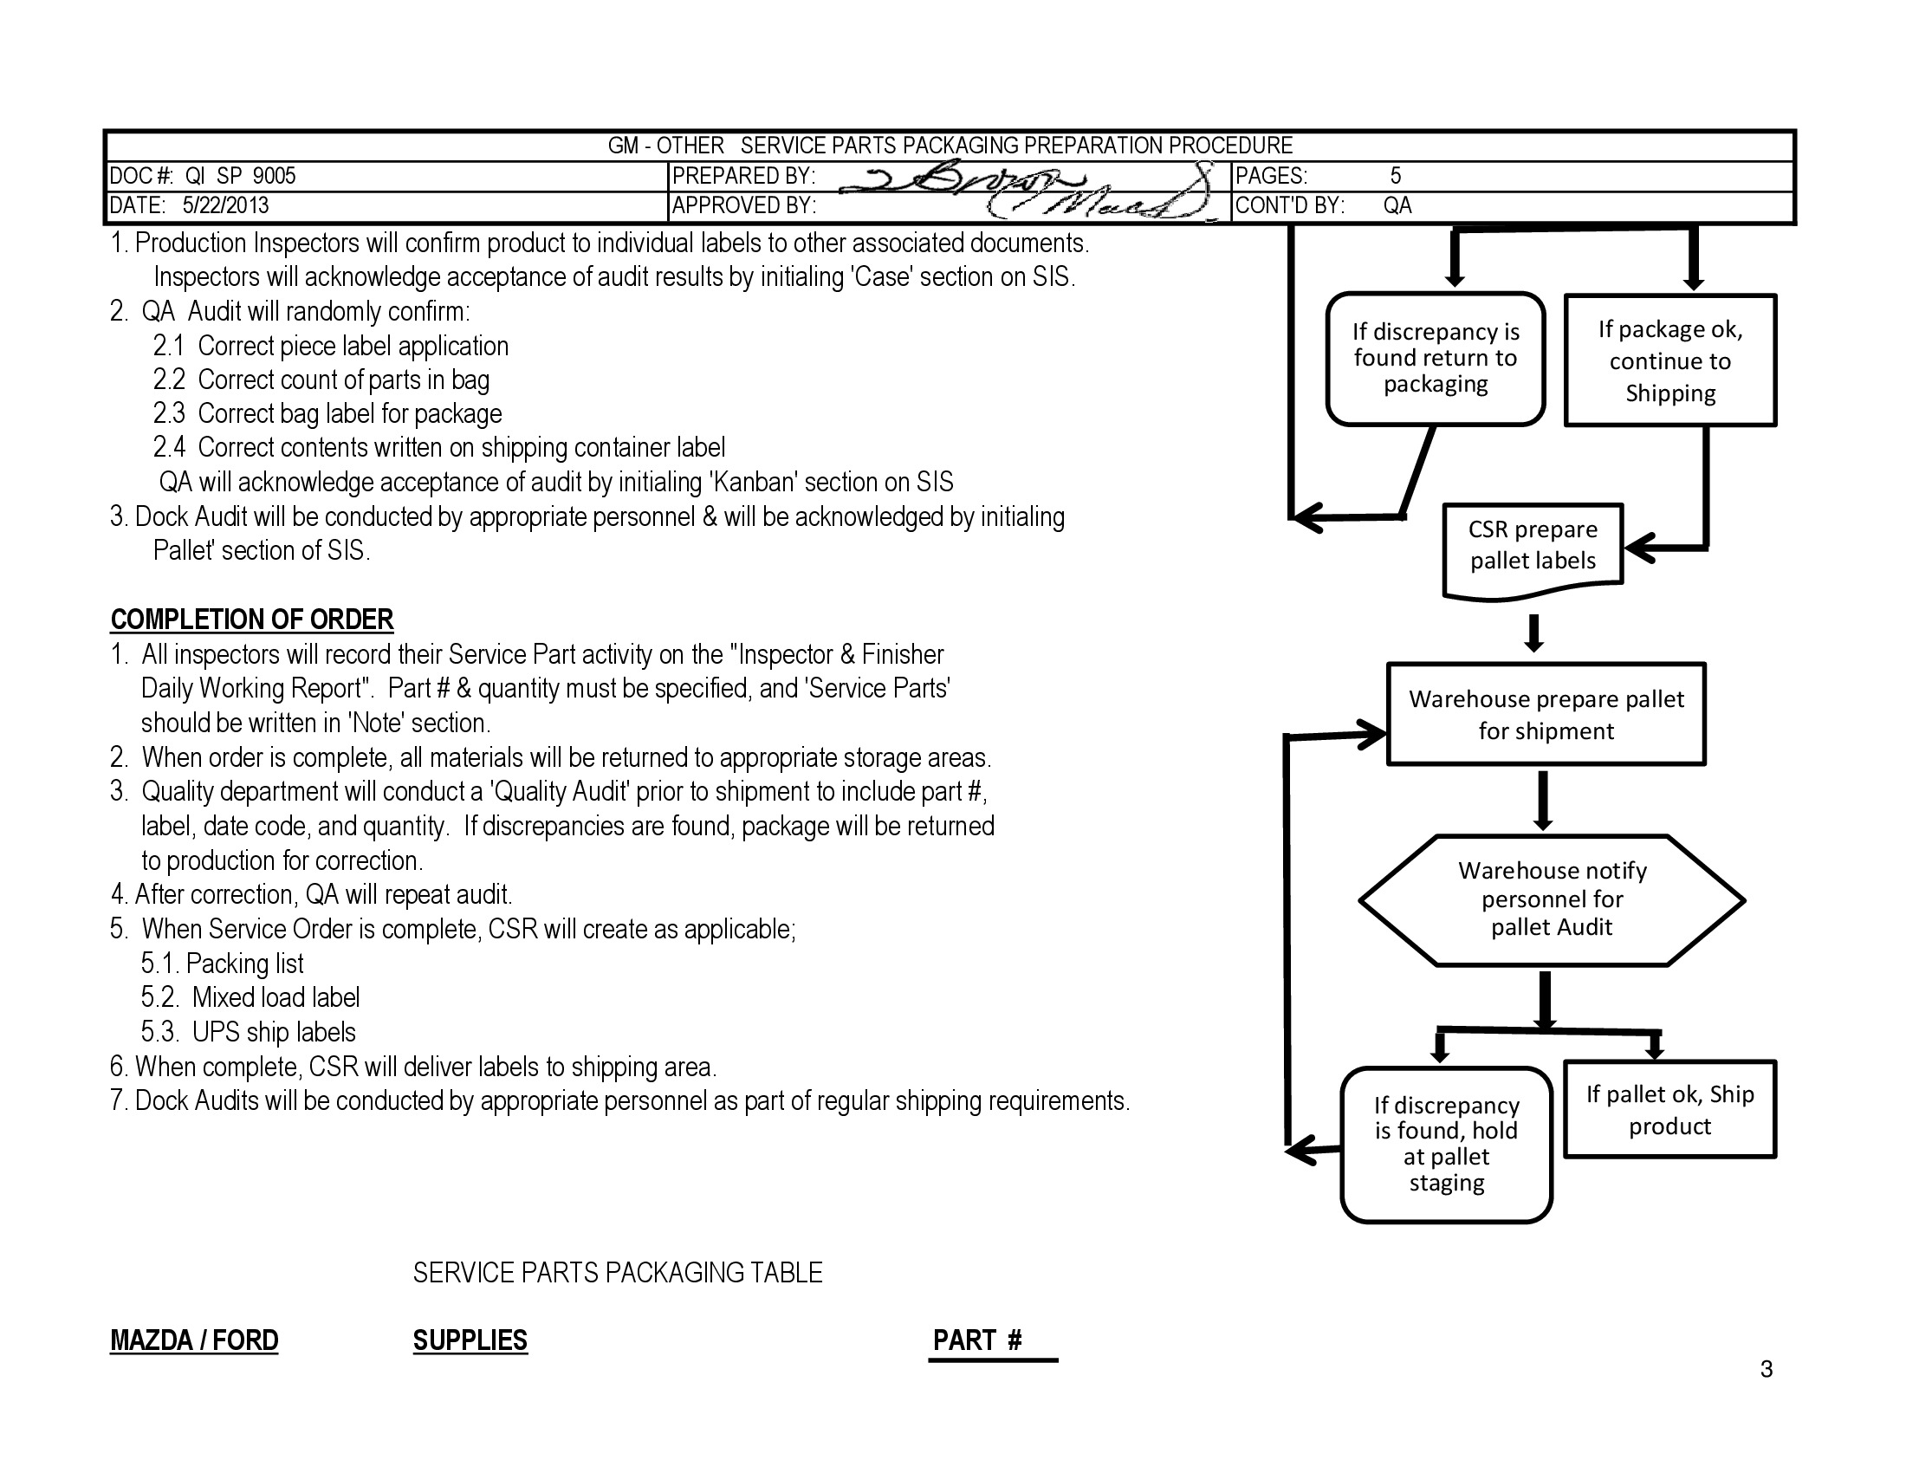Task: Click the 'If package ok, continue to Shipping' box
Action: (x=1669, y=360)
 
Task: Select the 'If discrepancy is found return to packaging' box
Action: (x=1436, y=359)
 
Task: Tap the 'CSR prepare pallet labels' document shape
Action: (x=1533, y=546)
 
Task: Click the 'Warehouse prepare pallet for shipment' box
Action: (x=1546, y=715)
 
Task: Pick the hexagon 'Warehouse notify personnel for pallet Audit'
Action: (x=1552, y=899)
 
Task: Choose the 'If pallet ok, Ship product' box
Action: (x=1669, y=1110)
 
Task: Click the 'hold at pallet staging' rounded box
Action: (x=1446, y=1144)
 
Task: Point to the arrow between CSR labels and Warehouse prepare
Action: (x=1534, y=633)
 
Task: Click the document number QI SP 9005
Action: (x=240, y=176)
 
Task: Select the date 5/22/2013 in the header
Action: (x=225, y=206)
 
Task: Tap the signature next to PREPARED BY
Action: (x=1021, y=188)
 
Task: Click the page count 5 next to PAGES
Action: (x=1396, y=176)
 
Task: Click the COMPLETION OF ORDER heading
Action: (x=251, y=620)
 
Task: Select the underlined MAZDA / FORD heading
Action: (x=194, y=1340)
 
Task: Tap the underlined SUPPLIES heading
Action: (x=470, y=1340)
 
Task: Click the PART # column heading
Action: (x=976, y=1340)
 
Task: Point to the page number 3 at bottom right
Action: (x=1767, y=1369)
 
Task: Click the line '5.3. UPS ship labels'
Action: (x=249, y=1032)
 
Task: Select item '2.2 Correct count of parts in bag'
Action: (x=321, y=380)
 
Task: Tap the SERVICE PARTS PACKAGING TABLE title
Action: (x=617, y=1273)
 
